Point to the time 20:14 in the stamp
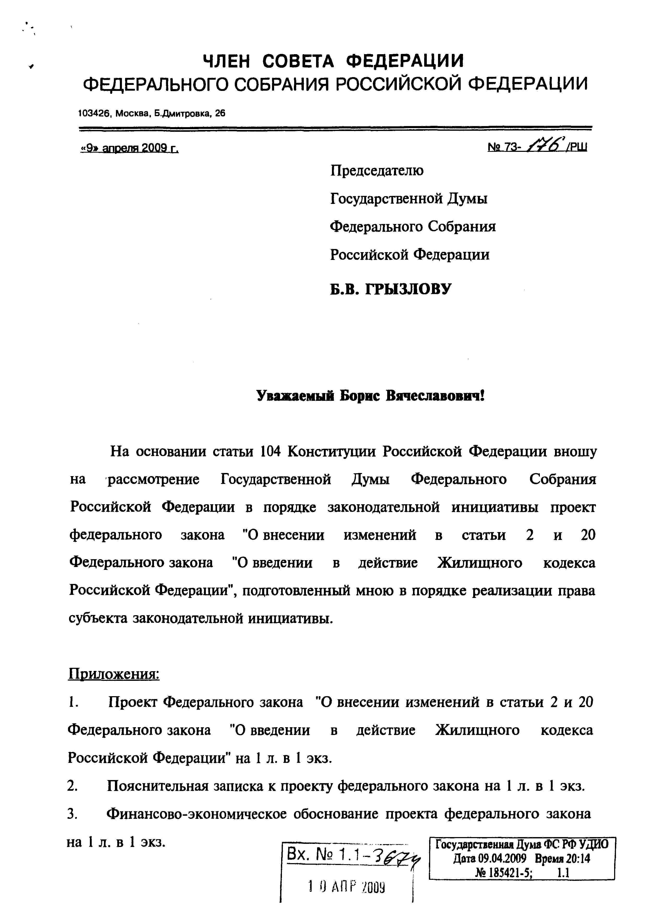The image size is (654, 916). pyautogui.click(x=578, y=859)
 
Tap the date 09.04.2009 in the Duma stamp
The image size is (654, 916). pyautogui.click(x=502, y=859)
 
